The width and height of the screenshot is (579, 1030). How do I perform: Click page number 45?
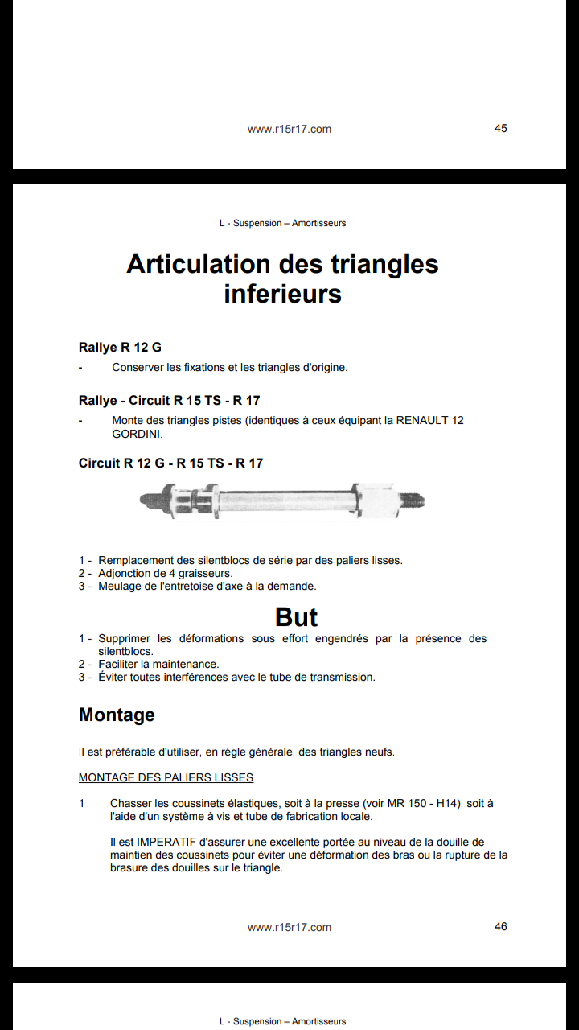pos(500,128)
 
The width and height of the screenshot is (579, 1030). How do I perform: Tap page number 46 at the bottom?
pos(500,926)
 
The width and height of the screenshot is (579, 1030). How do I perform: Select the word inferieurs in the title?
pos(282,294)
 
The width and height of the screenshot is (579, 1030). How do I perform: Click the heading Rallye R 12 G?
pos(120,348)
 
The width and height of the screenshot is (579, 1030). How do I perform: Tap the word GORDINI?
pos(137,434)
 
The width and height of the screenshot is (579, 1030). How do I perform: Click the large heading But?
pos(296,617)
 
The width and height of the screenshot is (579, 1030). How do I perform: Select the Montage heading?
pos(117,715)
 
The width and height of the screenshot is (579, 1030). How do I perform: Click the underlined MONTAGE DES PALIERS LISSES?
pos(166,777)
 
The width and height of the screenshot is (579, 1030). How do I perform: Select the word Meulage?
pos(120,587)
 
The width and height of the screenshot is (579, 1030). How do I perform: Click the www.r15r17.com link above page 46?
pos(289,927)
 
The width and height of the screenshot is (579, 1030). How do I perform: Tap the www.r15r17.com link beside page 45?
pos(289,129)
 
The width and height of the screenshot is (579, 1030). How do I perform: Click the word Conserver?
pos(139,368)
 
